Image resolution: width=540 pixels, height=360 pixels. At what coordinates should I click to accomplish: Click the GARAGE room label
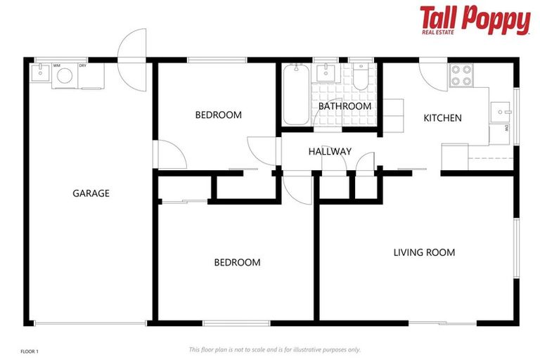(91, 193)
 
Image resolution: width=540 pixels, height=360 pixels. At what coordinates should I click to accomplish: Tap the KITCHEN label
(442, 118)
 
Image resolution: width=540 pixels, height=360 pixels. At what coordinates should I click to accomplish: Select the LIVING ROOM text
(424, 252)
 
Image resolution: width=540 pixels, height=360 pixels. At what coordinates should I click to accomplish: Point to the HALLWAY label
(330, 151)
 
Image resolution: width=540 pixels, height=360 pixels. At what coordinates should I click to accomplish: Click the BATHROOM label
(345, 106)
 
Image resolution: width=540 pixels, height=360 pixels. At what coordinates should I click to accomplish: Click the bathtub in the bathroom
(295, 95)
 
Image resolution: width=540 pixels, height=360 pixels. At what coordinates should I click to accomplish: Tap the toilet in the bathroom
(361, 78)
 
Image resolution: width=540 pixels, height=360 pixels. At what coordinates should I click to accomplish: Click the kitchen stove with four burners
(461, 75)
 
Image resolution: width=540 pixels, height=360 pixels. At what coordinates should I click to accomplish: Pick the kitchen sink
(501, 111)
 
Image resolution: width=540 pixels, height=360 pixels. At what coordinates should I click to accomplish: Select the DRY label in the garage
(82, 65)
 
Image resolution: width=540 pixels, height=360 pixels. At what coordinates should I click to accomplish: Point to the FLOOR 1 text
(30, 349)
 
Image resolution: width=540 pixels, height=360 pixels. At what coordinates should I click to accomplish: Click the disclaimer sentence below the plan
(274, 349)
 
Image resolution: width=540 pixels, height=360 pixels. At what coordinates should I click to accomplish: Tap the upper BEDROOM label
(218, 115)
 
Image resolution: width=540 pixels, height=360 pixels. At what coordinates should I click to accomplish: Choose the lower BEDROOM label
(237, 262)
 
